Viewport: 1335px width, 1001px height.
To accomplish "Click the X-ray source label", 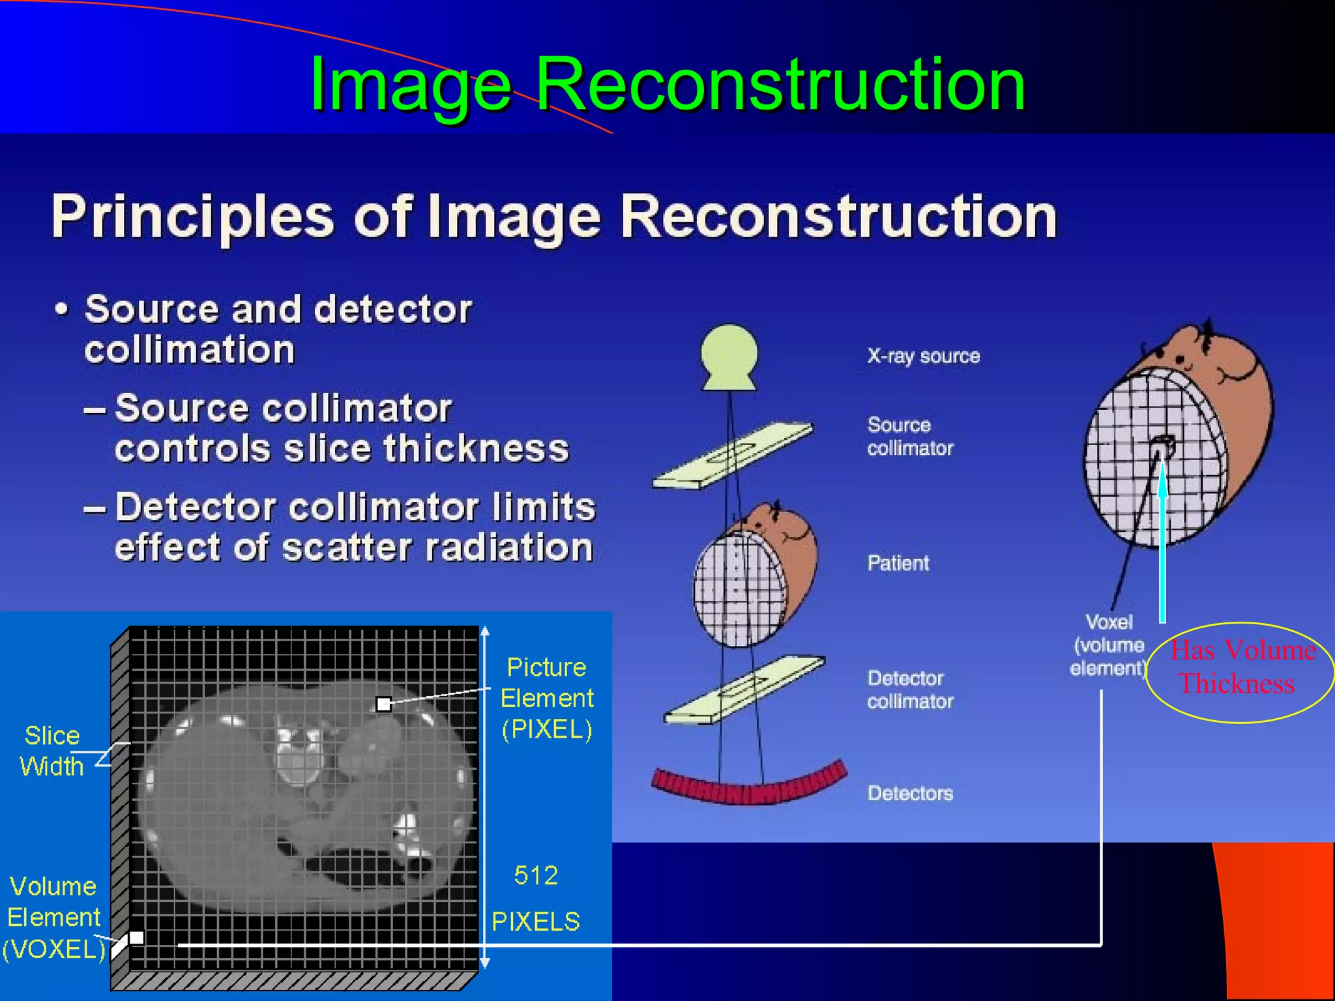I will (x=923, y=356).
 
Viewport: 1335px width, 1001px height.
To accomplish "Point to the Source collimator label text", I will (x=910, y=437).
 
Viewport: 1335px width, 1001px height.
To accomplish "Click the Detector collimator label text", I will (x=910, y=689).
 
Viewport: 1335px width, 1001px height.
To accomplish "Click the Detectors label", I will (x=910, y=793).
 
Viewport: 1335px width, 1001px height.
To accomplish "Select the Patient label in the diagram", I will (x=898, y=563).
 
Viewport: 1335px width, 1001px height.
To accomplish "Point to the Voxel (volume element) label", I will (x=1108, y=645).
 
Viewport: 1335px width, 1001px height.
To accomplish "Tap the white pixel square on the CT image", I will (x=384, y=704).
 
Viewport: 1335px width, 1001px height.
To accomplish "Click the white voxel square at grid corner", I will (x=136, y=938).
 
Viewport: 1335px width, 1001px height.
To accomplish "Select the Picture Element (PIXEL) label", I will (x=547, y=698).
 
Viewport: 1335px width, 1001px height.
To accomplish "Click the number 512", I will (x=536, y=875).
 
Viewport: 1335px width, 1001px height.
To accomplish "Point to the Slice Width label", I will (x=51, y=751).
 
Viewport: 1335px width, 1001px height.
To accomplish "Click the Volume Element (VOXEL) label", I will (x=53, y=918).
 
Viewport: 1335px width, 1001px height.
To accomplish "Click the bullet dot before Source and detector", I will (x=61, y=309).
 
